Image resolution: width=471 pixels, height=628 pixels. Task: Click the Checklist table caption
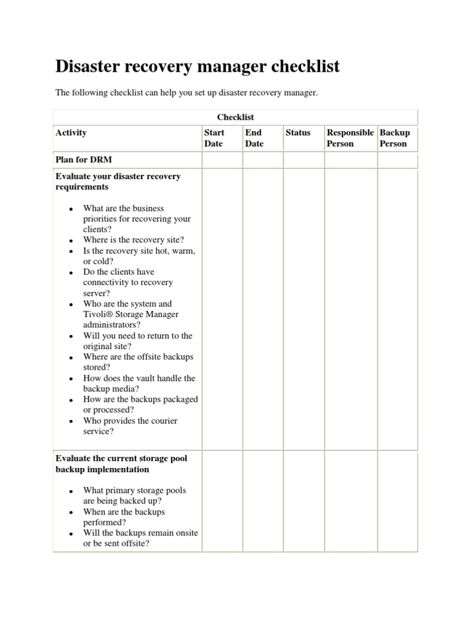point(235,117)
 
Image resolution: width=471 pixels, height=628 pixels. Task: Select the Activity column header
point(71,132)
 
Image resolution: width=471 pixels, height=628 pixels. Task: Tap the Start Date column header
point(214,138)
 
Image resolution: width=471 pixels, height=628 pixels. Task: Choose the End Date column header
point(254,138)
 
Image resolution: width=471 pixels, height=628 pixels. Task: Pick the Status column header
point(298,132)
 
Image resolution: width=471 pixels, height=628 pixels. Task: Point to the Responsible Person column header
point(350,138)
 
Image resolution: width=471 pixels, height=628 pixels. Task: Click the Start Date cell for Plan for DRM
point(222,160)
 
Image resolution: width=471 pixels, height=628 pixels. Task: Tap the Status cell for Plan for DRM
point(304,160)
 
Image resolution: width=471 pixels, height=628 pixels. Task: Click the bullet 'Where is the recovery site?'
point(133,240)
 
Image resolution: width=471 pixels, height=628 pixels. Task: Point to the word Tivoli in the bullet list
point(97,315)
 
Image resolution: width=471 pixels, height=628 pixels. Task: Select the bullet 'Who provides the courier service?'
point(130,426)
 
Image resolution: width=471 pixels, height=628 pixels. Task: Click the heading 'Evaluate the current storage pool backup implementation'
point(121,464)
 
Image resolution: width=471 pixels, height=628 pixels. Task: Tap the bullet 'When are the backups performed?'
point(124,517)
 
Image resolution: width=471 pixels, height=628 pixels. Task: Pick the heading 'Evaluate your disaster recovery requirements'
point(118,181)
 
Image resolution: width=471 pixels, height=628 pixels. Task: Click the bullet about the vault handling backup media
point(139,383)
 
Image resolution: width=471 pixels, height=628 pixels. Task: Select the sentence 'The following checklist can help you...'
point(186,93)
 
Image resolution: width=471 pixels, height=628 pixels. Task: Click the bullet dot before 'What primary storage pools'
point(71,491)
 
